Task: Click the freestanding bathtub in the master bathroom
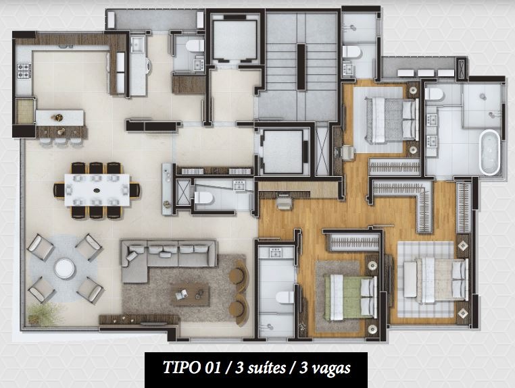[489, 153]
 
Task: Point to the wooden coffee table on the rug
[189, 294]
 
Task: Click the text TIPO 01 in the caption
[193, 368]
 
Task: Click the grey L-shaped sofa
[166, 256]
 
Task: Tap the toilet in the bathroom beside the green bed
[284, 298]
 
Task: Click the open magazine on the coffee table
[181, 293]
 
